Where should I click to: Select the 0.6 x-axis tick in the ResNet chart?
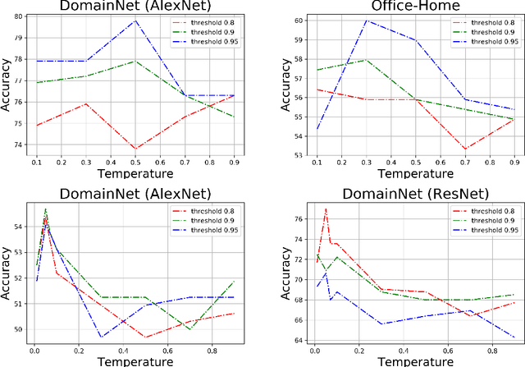[x=449, y=352]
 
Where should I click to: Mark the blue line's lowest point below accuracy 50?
[x=101, y=337]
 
